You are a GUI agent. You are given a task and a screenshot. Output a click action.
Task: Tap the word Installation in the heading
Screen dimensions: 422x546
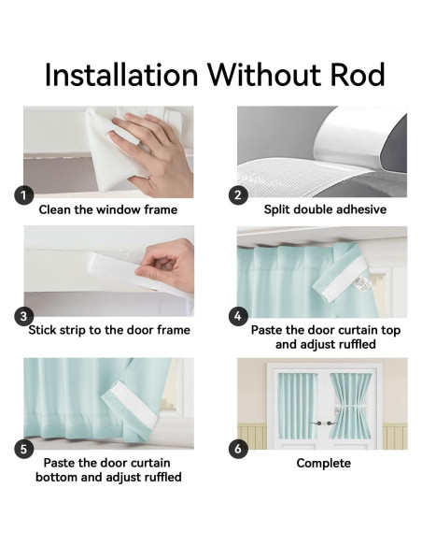pos(121,75)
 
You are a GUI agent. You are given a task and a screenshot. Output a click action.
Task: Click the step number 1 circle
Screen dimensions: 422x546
pos(23,195)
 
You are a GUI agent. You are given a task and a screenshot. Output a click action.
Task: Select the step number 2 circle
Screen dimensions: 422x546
pos(238,195)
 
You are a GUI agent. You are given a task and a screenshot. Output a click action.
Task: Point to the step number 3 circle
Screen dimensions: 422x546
pos(23,316)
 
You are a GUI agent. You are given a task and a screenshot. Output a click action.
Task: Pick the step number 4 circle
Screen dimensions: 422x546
pos(238,316)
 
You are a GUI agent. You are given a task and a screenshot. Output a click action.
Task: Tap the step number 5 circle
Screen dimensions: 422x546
pos(23,449)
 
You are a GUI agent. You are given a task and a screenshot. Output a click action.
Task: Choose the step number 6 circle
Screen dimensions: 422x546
pos(238,449)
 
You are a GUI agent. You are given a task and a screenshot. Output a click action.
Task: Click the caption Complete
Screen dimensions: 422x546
pos(324,464)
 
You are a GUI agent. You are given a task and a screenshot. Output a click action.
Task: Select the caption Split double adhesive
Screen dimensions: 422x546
pos(325,209)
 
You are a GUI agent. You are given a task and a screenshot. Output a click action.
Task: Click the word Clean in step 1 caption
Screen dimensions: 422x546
pos(53,209)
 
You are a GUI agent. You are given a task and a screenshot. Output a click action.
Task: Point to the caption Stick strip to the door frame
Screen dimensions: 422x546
pos(109,330)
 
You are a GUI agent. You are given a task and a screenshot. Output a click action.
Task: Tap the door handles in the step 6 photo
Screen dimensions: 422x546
pos(324,424)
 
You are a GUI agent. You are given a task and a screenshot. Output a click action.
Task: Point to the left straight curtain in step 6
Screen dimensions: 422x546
pos(298,406)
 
